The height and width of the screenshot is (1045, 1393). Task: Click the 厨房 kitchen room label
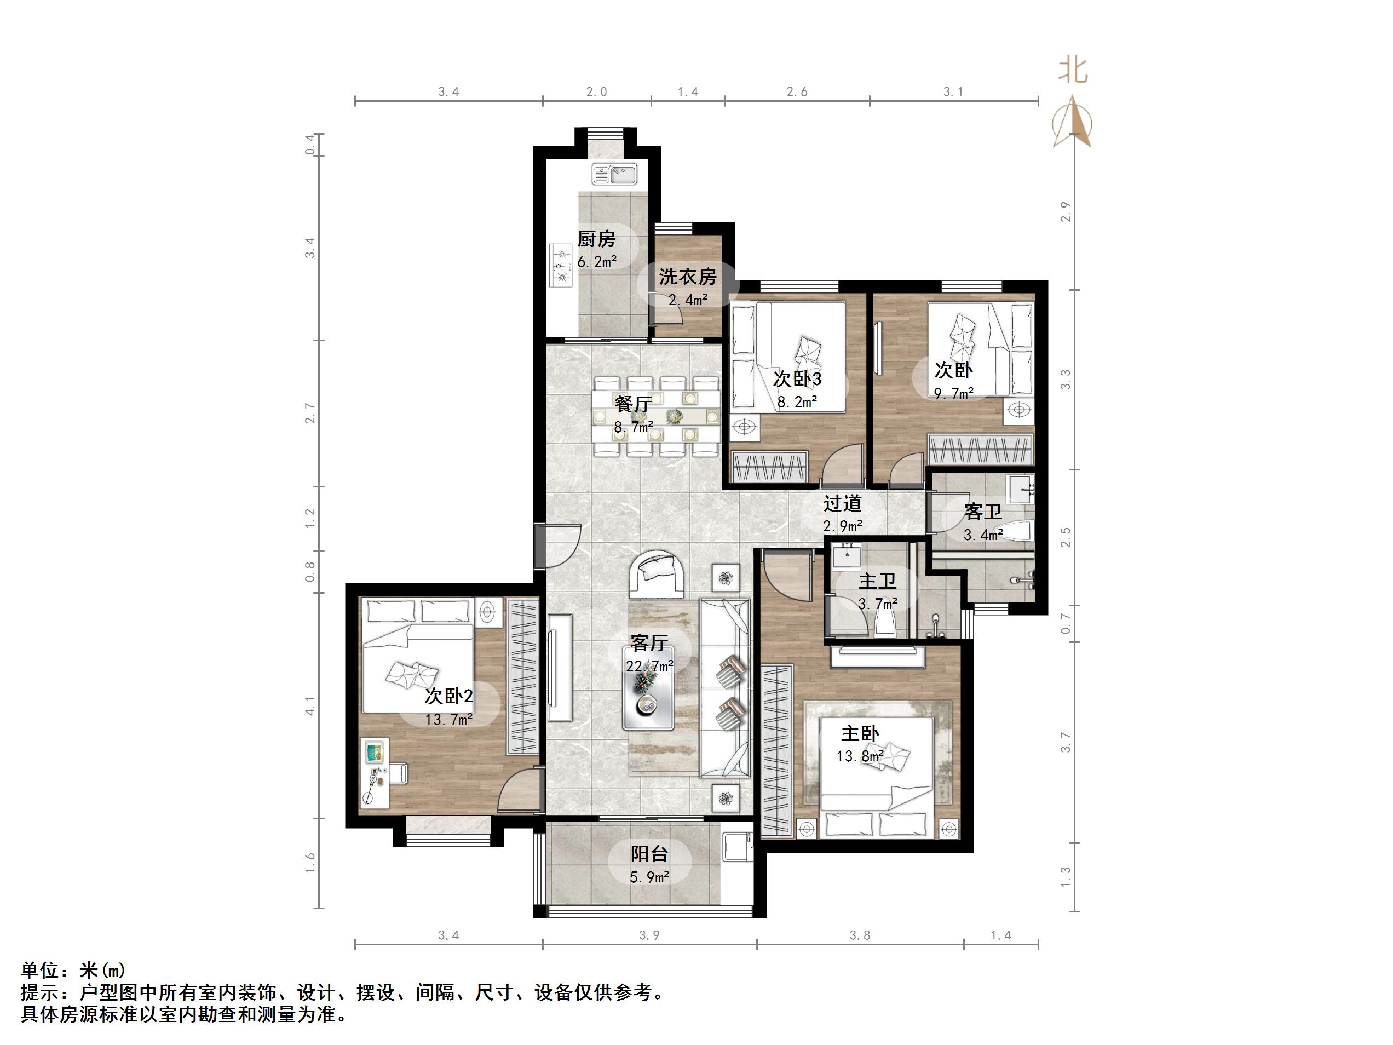click(596, 239)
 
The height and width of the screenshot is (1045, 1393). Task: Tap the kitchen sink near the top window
click(614, 173)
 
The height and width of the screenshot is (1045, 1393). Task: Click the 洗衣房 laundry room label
click(687, 277)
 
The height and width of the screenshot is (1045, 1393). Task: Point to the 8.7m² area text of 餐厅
click(633, 427)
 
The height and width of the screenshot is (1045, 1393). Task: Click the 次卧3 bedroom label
click(797, 378)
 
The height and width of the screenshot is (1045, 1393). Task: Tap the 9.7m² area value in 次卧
click(953, 394)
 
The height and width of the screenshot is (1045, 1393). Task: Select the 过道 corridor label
click(842, 503)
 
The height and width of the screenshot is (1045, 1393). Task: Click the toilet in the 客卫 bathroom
click(1015, 531)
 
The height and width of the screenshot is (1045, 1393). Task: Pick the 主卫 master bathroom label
click(877, 580)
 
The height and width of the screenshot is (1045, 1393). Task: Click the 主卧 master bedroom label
click(860, 733)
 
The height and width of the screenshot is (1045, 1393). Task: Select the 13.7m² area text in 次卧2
click(448, 719)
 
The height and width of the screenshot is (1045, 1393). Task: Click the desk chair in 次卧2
click(397, 773)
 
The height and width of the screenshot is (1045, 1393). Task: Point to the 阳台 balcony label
click(649, 854)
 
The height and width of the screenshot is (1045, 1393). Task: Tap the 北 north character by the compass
click(1073, 70)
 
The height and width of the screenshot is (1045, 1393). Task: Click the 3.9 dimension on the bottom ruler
click(649, 935)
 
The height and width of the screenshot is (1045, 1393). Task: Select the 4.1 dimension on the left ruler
click(310, 705)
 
